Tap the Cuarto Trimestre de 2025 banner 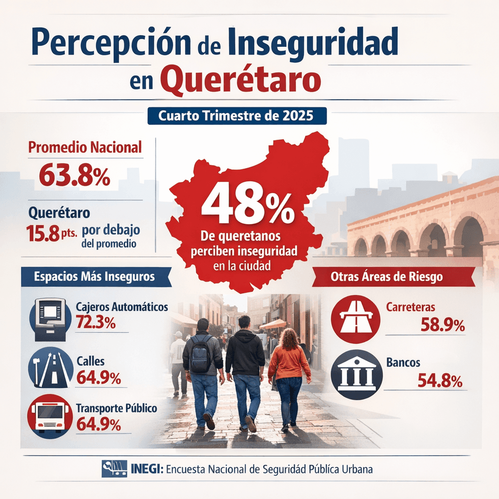[x=236, y=116]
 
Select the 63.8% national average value [x=74, y=176]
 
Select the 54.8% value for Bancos [x=439, y=380]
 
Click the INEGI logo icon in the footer [x=115, y=468]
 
